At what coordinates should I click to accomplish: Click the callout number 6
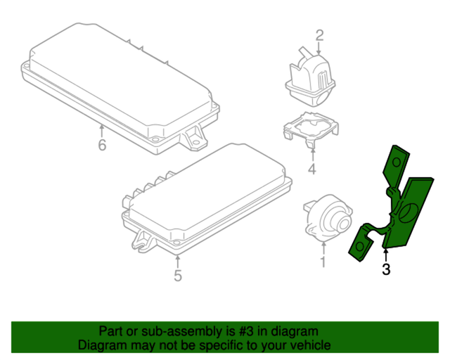pyautogui.click(x=102, y=146)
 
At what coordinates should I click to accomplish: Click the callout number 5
pyautogui.click(x=177, y=276)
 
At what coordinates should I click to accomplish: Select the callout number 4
pyautogui.click(x=311, y=169)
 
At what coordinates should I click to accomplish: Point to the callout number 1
pyautogui.click(x=323, y=262)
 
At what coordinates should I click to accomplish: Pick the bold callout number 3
pyautogui.click(x=385, y=269)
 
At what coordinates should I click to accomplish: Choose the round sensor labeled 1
pyautogui.click(x=325, y=216)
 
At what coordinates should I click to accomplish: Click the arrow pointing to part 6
pyautogui.click(x=102, y=130)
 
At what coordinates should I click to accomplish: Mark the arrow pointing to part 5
pyautogui.click(x=177, y=259)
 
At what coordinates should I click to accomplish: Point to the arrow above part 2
pyautogui.click(x=319, y=49)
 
